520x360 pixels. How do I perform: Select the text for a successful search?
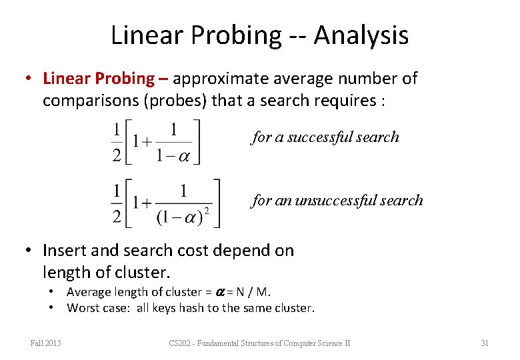325,137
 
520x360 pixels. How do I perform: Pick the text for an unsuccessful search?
337,201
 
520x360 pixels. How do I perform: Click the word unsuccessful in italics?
343,201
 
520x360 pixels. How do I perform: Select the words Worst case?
95,308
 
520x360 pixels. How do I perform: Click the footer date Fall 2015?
46,343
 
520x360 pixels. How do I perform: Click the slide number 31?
485,343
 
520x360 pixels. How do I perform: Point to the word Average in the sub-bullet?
87,292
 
